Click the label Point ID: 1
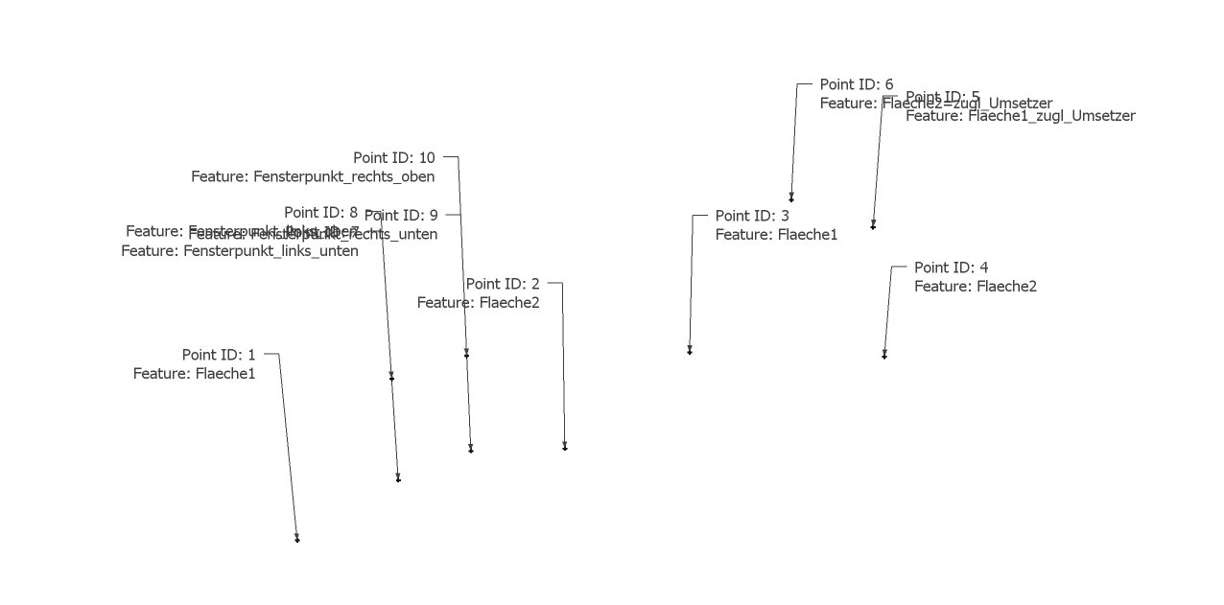(219, 355)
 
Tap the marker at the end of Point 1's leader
(297, 539)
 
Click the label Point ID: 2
(503, 284)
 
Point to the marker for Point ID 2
(565, 447)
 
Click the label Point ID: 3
(752, 216)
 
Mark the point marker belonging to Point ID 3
(690, 352)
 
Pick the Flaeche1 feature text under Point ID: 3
(776, 234)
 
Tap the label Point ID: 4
(951, 268)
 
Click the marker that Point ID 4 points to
(884, 356)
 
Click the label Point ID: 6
(857, 84)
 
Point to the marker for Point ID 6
(791, 198)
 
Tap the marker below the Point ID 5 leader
(873, 226)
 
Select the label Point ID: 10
(393, 158)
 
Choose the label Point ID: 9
(401, 216)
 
